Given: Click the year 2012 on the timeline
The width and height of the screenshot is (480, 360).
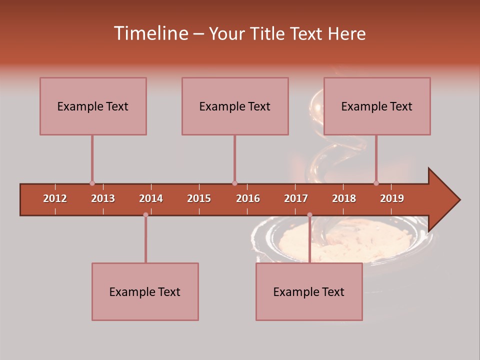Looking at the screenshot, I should click(x=55, y=198).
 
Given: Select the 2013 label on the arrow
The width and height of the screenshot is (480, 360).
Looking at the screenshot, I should click(x=103, y=198).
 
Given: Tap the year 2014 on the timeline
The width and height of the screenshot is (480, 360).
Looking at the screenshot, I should click(x=151, y=198).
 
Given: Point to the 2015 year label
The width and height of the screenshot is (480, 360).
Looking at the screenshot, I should click(x=199, y=198).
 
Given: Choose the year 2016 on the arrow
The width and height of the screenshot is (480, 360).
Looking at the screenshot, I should click(x=248, y=198).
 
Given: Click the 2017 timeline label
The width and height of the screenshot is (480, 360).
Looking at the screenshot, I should click(x=296, y=198).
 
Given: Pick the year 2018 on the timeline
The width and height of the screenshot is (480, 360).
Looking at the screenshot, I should click(x=344, y=198).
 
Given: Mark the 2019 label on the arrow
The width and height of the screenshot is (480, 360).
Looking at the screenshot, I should click(x=392, y=198).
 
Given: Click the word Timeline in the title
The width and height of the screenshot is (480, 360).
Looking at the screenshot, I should click(x=150, y=33).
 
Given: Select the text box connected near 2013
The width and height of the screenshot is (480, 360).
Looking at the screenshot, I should click(x=93, y=106).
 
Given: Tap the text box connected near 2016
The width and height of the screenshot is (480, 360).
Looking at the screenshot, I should click(x=235, y=106).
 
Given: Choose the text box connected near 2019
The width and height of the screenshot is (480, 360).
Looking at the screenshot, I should click(x=377, y=106).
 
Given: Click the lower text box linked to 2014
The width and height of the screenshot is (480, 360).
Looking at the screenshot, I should click(x=145, y=291).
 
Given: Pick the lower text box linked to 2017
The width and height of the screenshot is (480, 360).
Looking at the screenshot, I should click(x=309, y=291).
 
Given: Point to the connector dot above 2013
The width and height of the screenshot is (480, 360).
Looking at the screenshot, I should click(x=92, y=183).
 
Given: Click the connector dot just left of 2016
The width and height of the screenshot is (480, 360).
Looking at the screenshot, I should click(x=234, y=183).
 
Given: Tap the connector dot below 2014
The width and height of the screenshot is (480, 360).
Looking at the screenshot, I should click(x=145, y=215).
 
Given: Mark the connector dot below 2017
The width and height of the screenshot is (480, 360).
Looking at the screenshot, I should click(x=309, y=215).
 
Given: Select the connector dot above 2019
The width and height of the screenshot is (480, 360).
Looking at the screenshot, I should click(x=376, y=183).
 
